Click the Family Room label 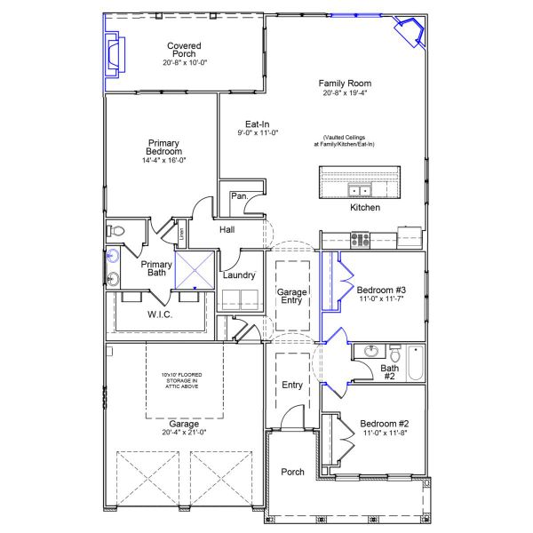point(345,84)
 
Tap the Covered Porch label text point(184,50)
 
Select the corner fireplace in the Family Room point(411,33)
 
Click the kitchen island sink point(360,190)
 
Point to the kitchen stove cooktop point(360,238)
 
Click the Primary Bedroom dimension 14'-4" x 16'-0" point(164,161)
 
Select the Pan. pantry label point(239,195)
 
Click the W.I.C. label point(160,314)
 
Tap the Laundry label point(239,275)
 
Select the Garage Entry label point(291,296)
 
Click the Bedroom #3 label point(381,290)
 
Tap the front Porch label point(293,472)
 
